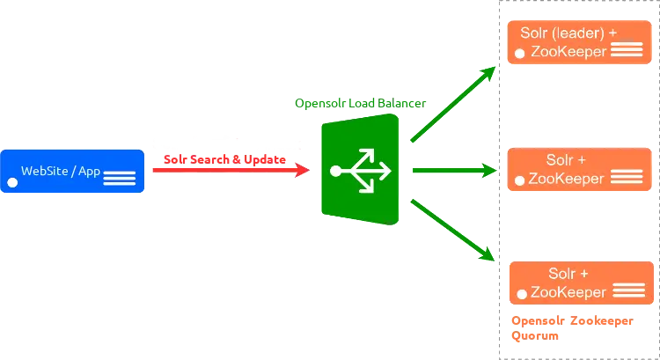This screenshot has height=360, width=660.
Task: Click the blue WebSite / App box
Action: [72, 172]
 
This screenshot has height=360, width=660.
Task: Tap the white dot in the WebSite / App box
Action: [13, 183]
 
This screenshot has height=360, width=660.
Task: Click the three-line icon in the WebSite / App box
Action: [119, 179]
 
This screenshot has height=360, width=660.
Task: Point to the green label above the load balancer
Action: [360, 104]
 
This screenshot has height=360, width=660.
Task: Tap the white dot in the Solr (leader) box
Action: [520, 55]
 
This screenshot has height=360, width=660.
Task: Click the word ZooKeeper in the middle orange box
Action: [566, 178]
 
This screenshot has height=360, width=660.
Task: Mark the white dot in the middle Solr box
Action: [520, 180]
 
